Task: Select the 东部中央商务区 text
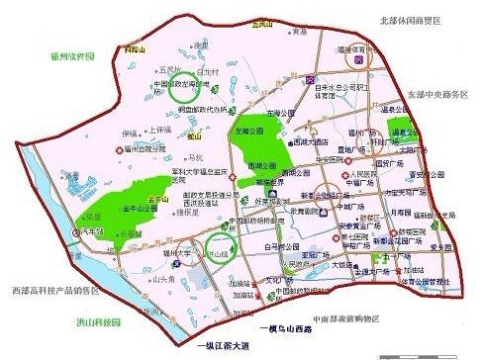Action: [x=436, y=96]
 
